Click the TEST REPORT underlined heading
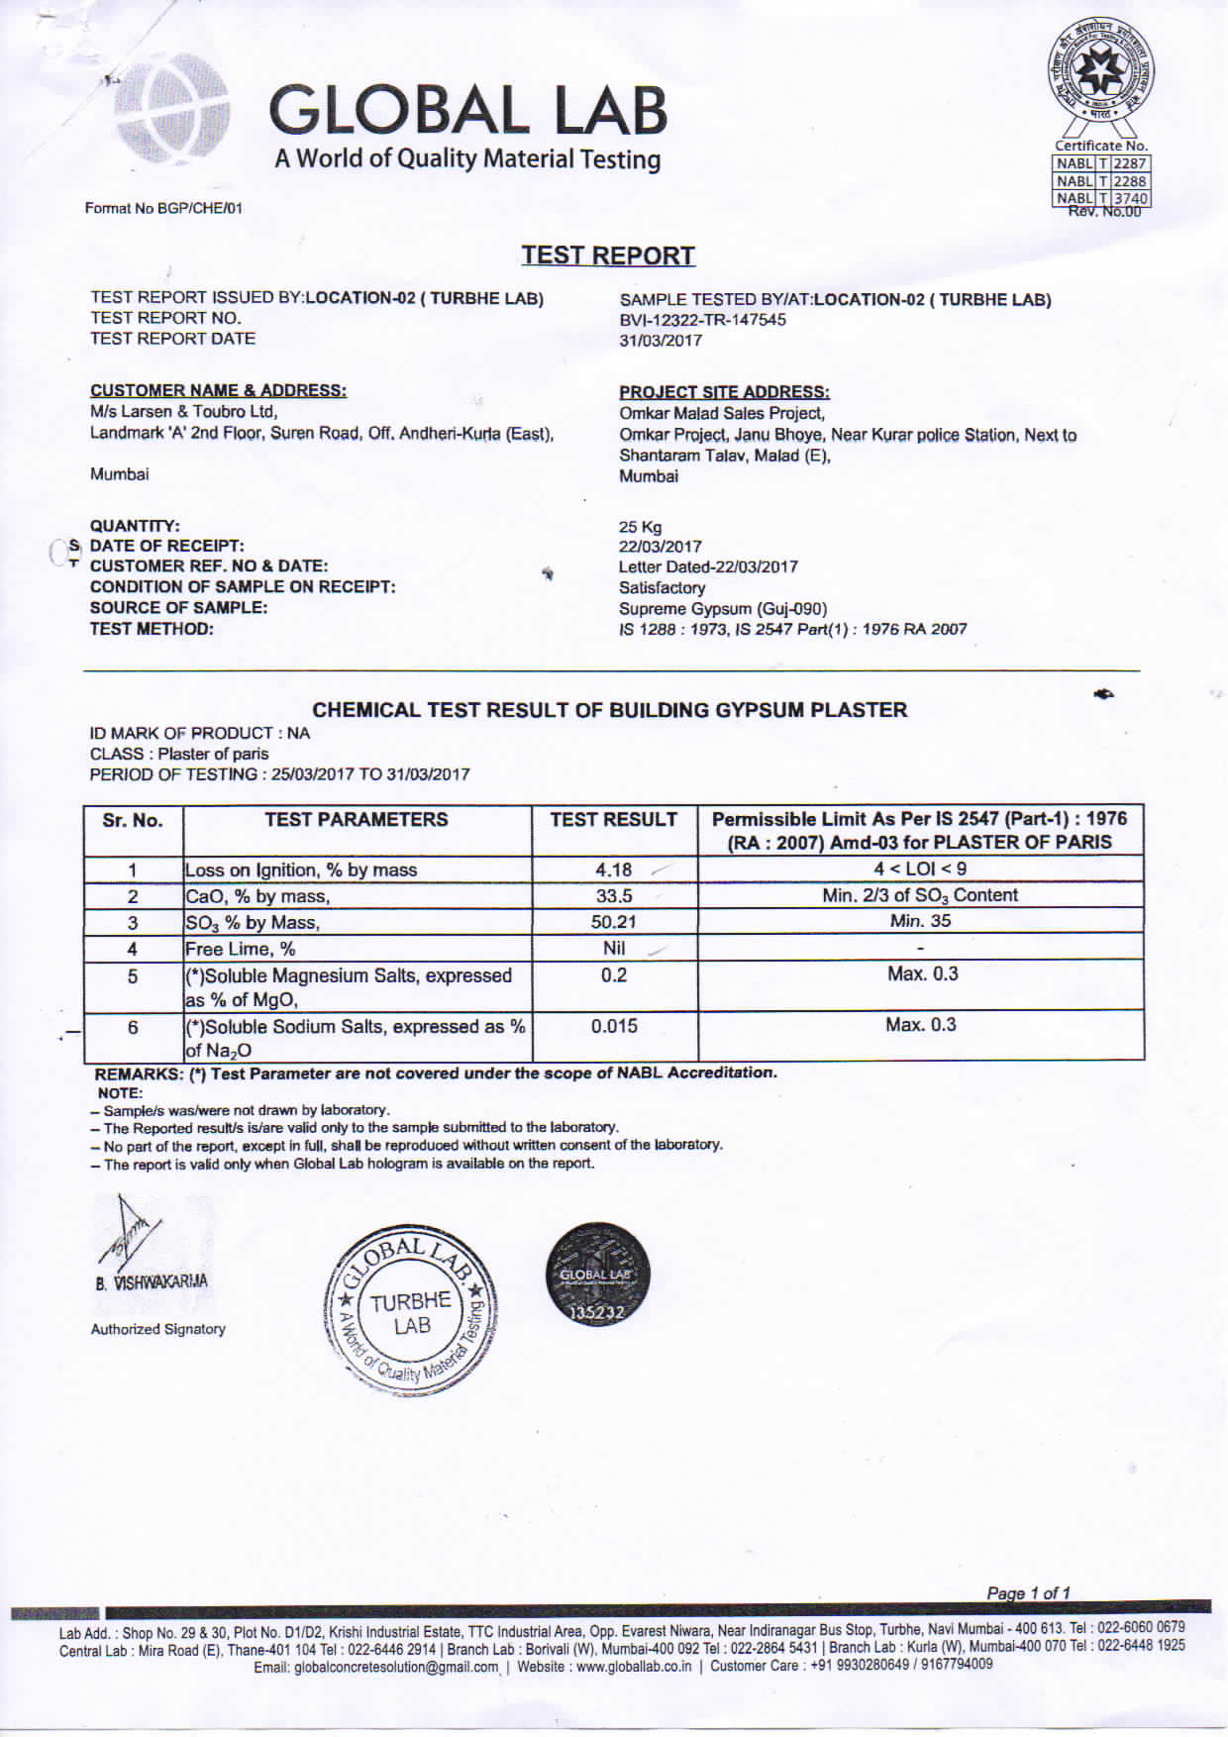tap(608, 255)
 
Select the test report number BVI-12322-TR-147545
tap(702, 320)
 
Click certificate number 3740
tap(1129, 198)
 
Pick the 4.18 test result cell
tap(614, 869)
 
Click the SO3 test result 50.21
tap(614, 922)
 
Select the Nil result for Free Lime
tap(614, 948)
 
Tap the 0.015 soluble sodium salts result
tap(614, 1026)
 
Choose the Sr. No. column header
tap(133, 820)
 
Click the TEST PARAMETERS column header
tap(357, 820)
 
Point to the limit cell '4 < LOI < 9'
tap(920, 868)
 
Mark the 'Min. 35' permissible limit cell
tap(920, 921)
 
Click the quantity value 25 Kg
tap(640, 527)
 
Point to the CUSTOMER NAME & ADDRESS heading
tap(218, 390)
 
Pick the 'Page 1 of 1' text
tap(1028, 1593)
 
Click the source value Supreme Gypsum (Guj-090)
tap(723, 608)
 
